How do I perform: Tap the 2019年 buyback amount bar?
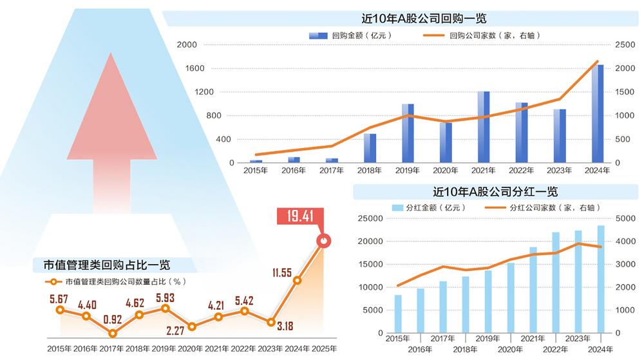point(408,133)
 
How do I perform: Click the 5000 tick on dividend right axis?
point(627,219)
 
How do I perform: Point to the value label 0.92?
point(113,317)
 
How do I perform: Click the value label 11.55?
point(282,272)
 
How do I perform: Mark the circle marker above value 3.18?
point(271,322)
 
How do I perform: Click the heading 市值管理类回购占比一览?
point(107,265)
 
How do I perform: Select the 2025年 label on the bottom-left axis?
point(323,348)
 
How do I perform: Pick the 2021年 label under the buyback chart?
point(482,171)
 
